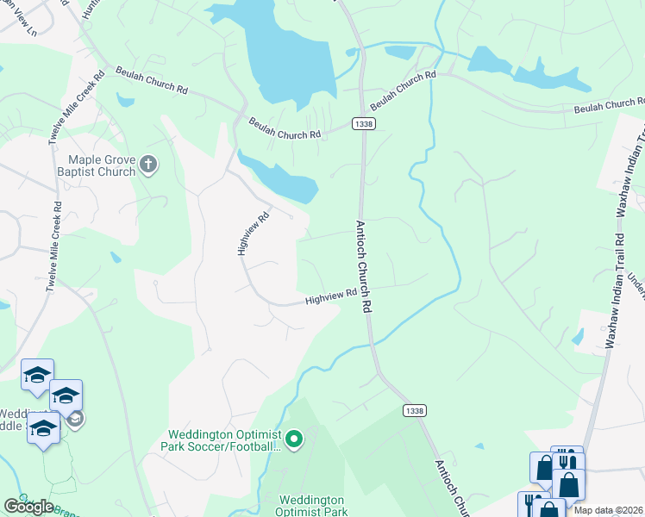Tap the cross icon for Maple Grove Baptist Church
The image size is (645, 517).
pyautogui.click(x=148, y=165)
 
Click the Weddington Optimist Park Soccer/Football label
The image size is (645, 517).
pyautogui.click(x=222, y=439)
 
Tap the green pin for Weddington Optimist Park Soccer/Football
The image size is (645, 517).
pyautogui.click(x=294, y=440)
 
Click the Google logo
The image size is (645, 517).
pyautogui.click(x=28, y=507)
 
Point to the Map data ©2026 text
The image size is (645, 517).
pyautogui.click(x=609, y=510)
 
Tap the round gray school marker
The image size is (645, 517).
pyautogui.click(x=75, y=420)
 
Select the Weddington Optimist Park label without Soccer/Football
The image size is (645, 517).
pyautogui.click(x=310, y=506)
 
